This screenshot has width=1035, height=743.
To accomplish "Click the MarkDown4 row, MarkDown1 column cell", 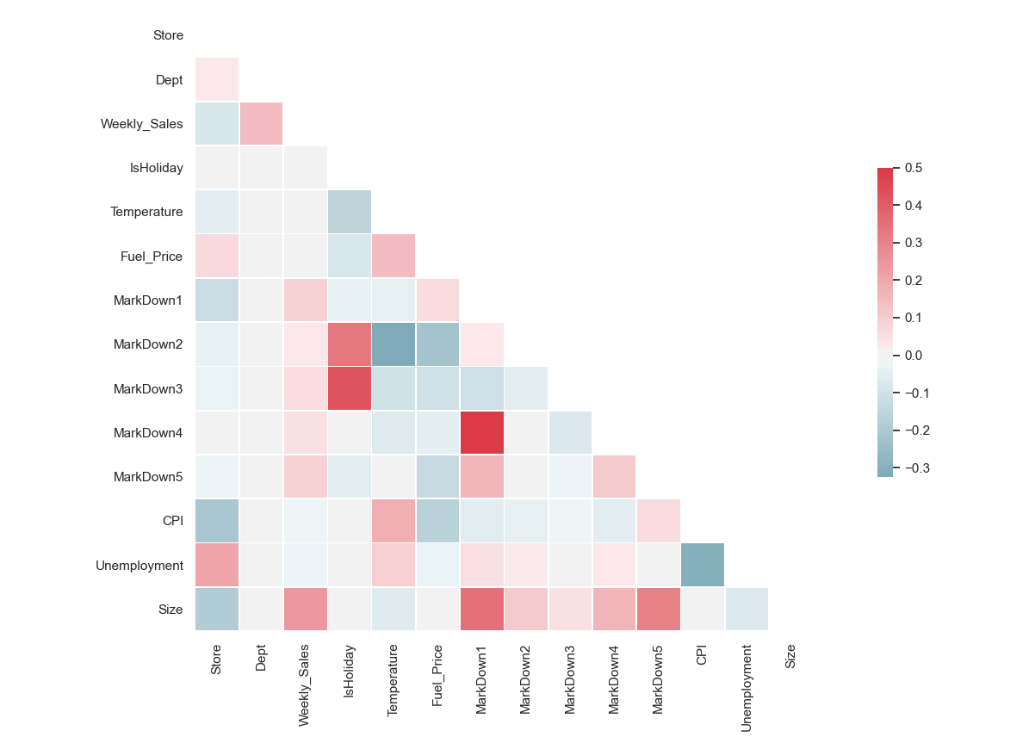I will point(481,433).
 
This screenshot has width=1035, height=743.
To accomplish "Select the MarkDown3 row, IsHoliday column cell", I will point(349,389).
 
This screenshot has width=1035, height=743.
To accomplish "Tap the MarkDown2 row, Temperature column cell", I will point(394,344).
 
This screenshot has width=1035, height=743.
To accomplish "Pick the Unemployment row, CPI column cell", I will point(703,566).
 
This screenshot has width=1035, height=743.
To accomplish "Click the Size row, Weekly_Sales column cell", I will point(305,610).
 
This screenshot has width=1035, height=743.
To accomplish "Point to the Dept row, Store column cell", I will point(217,80).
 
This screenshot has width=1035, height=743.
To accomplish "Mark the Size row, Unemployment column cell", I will point(747,610).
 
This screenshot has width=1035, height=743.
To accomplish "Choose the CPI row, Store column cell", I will point(217,521).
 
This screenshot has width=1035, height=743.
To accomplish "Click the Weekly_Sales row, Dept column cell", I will point(261,124).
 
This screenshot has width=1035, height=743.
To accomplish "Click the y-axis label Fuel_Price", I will point(152,257).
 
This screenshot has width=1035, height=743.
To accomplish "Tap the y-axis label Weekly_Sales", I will point(141,124).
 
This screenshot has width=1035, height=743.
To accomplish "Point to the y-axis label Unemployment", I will point(139,566).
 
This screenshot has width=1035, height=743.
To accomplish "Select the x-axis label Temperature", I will point(394,681).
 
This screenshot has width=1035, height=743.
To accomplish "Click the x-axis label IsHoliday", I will point(349,672).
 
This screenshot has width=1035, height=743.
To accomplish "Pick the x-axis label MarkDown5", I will point(658,678).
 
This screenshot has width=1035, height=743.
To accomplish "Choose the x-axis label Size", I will point(790,658).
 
